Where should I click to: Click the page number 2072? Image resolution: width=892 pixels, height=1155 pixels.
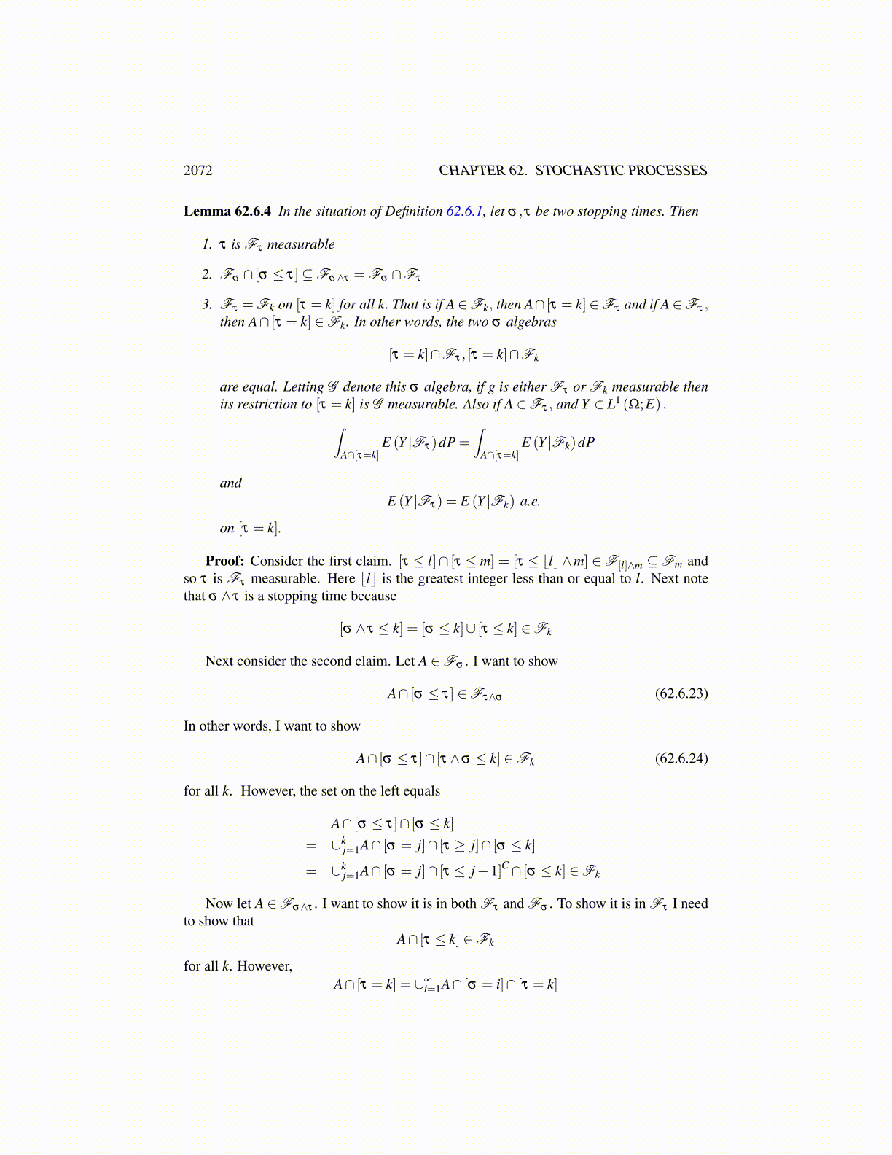click(x=198, y=171)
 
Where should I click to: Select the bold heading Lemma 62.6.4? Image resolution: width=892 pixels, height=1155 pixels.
click(x=227, y=211)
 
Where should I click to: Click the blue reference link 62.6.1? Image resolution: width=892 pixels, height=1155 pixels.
click(x=464, y=211)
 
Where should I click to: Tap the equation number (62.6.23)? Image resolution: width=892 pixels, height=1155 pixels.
click(x=681, y=693)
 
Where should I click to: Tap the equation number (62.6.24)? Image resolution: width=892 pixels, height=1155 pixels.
click(x=681, y=758)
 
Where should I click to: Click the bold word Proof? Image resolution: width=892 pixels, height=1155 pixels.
click(x=224, y=561)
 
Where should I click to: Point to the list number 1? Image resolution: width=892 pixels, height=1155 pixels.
click(x=207, y=244)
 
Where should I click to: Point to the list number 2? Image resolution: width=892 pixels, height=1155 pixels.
click(x=207, y=275)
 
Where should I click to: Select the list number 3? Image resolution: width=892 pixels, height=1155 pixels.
click(x=207, y=305)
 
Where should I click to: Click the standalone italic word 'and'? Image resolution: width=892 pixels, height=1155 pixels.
click(x=231, y=483)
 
